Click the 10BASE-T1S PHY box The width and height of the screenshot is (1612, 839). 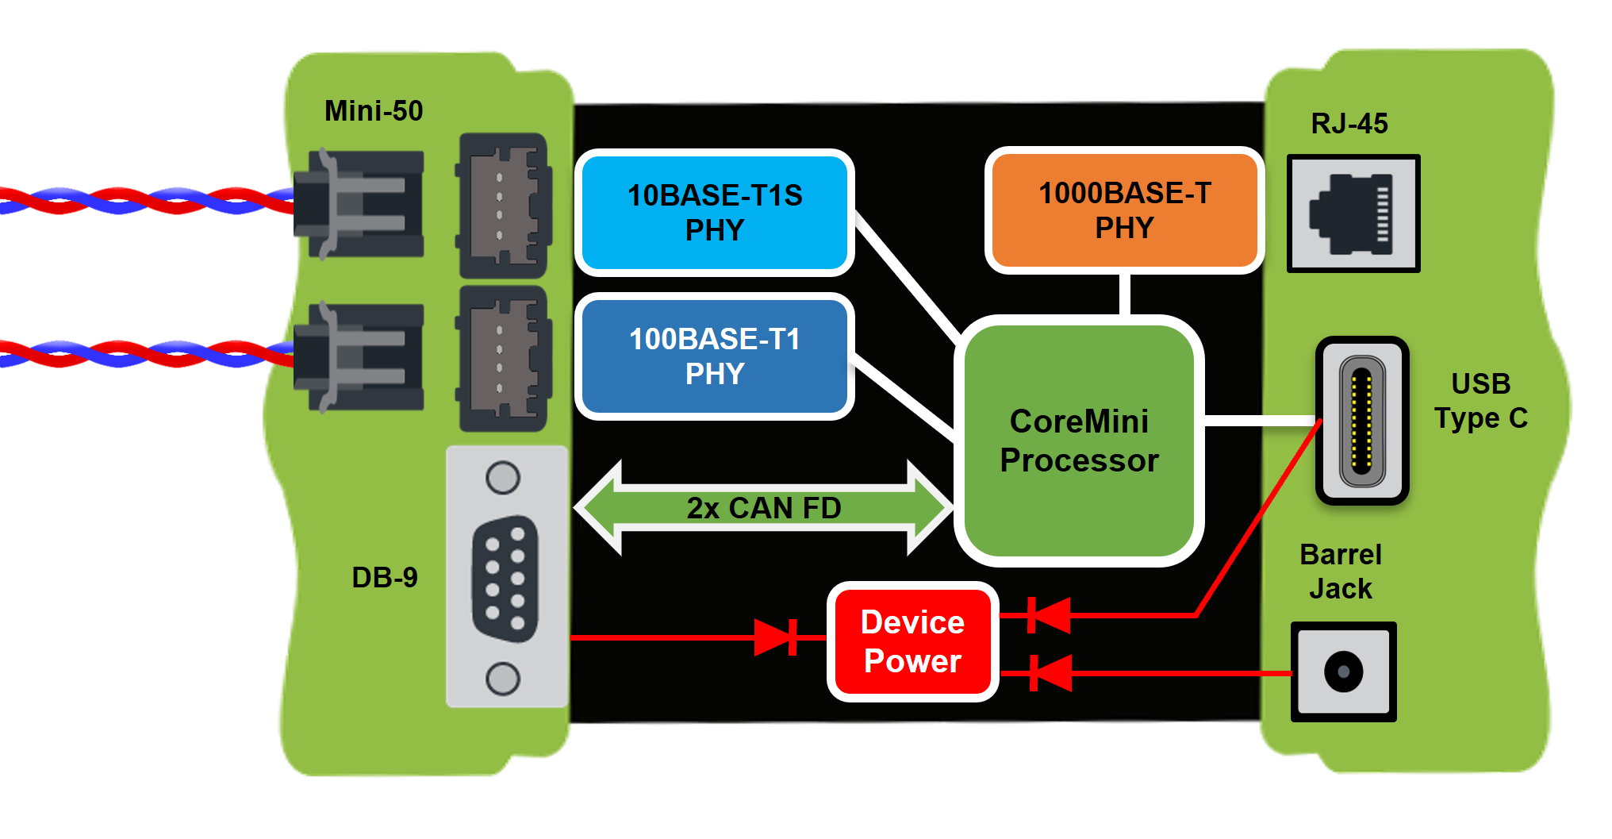click(x=714, y=213)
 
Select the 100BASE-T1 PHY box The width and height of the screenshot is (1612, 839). click(x=714, y=356)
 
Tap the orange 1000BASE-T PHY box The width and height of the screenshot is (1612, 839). click(x=1124, y=210)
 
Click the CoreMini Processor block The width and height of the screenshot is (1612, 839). click(x=1079, y=441)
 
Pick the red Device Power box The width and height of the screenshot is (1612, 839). click(x=912, y=641)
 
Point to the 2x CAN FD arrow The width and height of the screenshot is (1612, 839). click(x=763, y=507)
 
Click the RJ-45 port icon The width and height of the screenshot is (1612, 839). click(x=1353, y=214)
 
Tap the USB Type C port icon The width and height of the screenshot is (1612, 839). click(x=1362, y=421)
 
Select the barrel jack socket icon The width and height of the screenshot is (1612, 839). click(x=1343, y=672)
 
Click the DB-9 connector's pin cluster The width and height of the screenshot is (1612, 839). click(x=505, y=579)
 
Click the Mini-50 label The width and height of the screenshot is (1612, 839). click(x=374, y=111)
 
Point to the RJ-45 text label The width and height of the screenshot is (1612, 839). click(x=1349, y=124)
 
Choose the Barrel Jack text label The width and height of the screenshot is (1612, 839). click(x=1341, y=572)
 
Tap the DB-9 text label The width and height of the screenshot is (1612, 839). click(x=385, y=577)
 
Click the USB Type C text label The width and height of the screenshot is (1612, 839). click(x=1480, y=401)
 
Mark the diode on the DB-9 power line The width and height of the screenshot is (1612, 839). click(x=777, y=637)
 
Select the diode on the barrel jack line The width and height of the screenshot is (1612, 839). click(x=1049, y=673)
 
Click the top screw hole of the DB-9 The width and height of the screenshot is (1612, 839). click(x=503, y=478)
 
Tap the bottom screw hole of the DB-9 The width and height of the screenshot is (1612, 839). click(x=503, y=679)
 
